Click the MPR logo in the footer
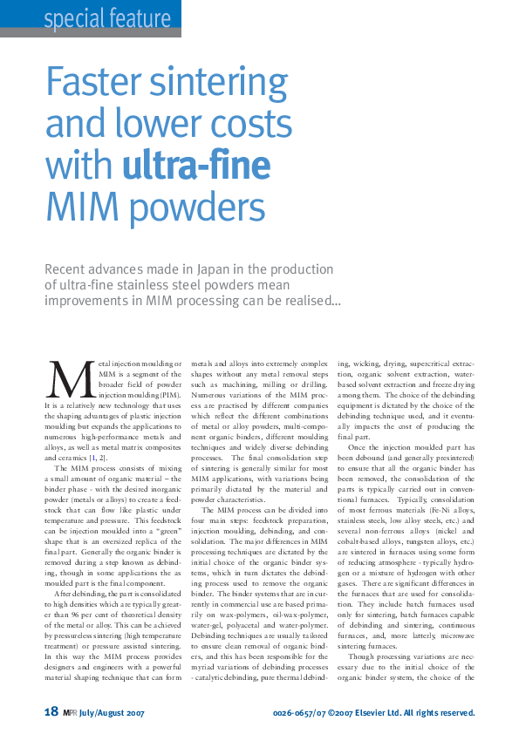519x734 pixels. tap(72, 712)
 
